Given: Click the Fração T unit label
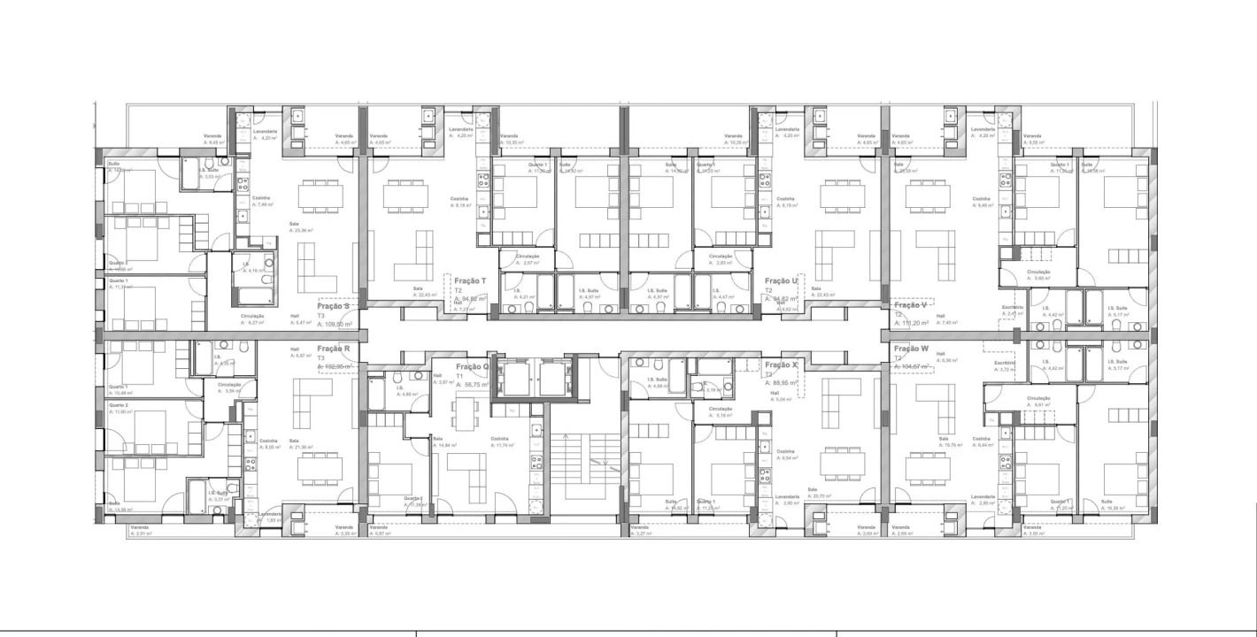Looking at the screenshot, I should point(470,280).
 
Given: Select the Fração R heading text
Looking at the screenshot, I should point(334,349).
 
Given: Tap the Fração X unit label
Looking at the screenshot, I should point(782,365).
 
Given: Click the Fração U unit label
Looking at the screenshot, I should point(782,280).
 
